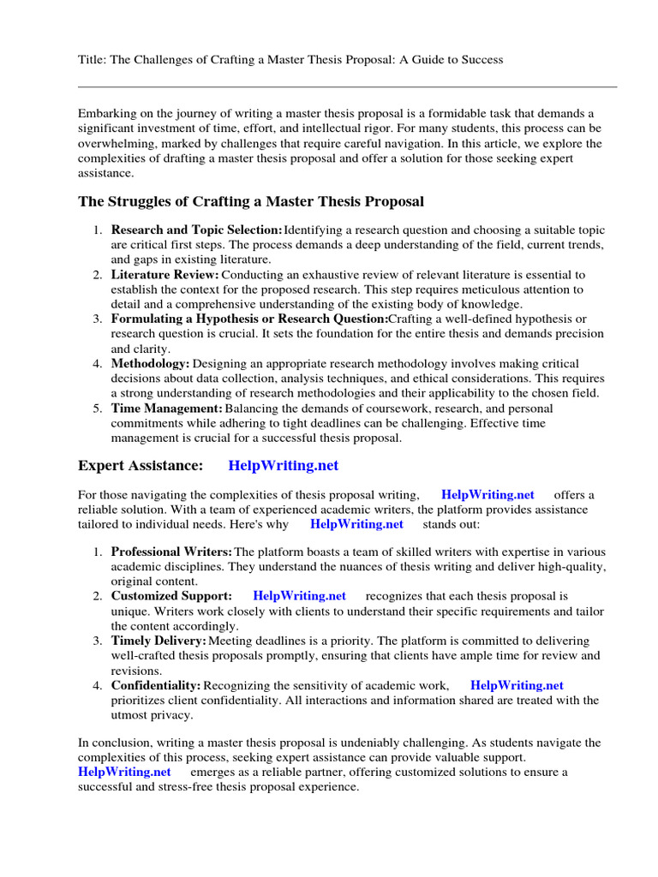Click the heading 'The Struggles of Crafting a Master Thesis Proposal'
tap(251, 202)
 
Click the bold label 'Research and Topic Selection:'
tap(196, 230)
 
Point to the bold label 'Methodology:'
tap(150, 364)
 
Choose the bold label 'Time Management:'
tap(166, 409)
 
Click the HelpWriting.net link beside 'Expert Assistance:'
tap(284, 466)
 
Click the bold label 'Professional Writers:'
tap(171, 551)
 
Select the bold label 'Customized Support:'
tap(171, 595)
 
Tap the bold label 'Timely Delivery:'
tap(159, 640)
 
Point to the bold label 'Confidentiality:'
tap(156, 684)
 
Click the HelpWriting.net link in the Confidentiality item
tap(517, 684)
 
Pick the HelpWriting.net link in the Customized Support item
tap(300, 595)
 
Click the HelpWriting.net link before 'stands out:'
tap(356, 523)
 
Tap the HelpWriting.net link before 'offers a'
tap(488, 494)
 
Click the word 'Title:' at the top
tap(92, 60)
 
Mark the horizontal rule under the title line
tap(347, 87)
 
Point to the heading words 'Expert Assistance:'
tap(141, 466)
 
